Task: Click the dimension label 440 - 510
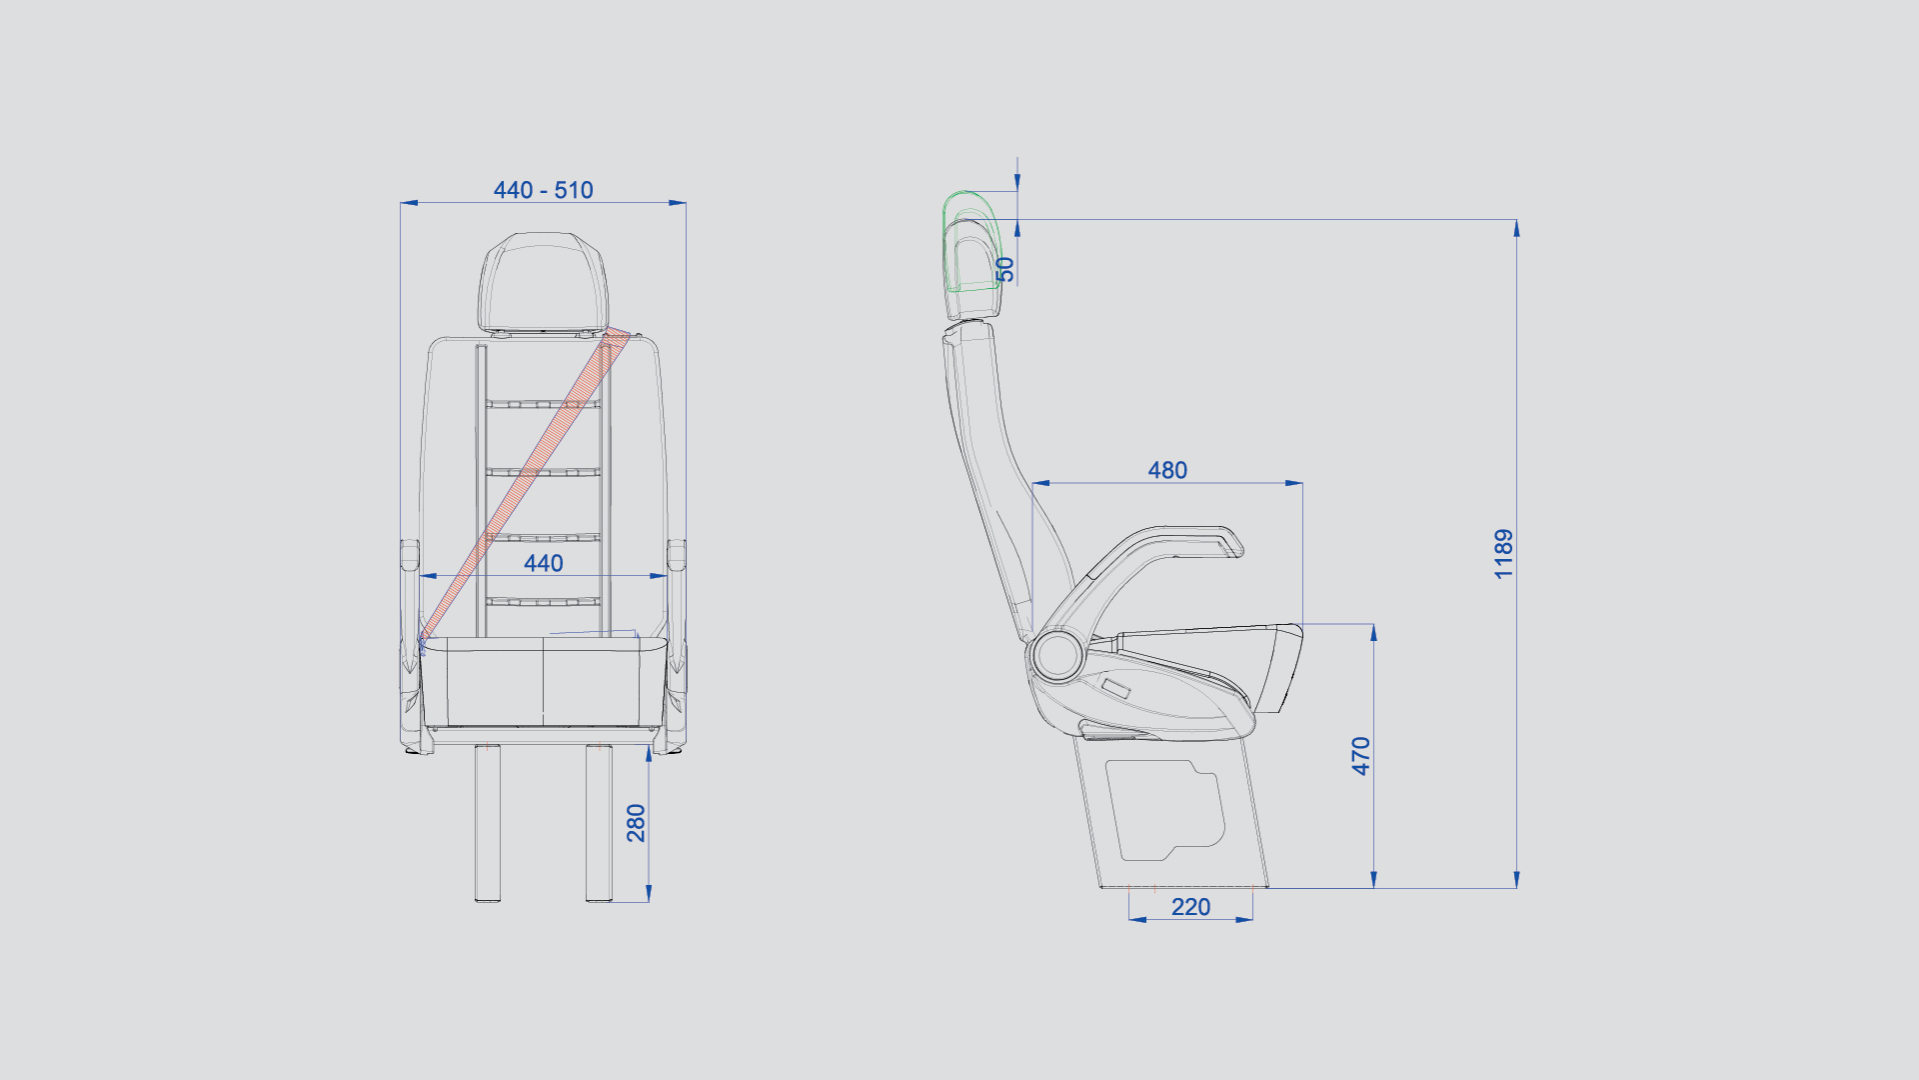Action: coord(543,190)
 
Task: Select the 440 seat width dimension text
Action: coord(544,563)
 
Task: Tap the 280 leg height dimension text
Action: coord(637,823)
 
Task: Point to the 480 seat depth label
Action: coord(1167,470)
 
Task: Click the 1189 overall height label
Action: coord(1504,554)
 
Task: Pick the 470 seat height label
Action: coord(1361,756)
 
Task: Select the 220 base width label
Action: coord(1190,907)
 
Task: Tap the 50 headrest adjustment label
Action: coord(1005,269)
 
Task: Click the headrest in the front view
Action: coord(543,282)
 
